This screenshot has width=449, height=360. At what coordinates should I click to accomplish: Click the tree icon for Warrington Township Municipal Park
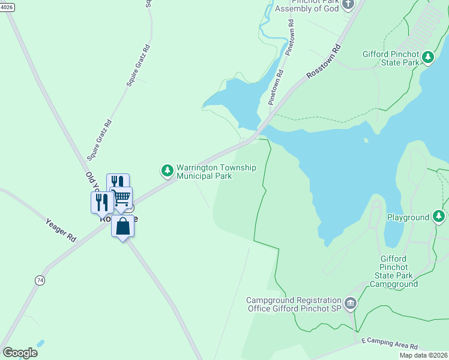tap(167, 172)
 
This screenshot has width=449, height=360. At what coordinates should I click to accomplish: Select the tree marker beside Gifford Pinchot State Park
tap(427, 58)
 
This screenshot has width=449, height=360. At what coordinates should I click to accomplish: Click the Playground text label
tap(408, 217)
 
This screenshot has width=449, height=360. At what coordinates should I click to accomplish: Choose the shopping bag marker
tap(122, 227)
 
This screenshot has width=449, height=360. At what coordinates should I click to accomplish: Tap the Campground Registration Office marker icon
tap(351, 304)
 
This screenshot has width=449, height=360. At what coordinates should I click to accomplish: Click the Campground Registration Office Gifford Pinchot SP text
tap(294, 304)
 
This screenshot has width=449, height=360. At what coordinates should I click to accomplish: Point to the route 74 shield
tap(40, 280)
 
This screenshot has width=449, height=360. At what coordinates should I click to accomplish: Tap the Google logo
tap(20, 353)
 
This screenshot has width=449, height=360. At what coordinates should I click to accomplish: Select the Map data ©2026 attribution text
tap(423, 355)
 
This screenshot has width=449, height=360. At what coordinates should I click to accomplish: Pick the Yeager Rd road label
tap(61, 230)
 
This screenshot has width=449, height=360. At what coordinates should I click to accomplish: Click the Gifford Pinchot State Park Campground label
tap(393, 271)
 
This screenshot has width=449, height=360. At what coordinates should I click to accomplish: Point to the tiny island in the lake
tap(365, 141)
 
